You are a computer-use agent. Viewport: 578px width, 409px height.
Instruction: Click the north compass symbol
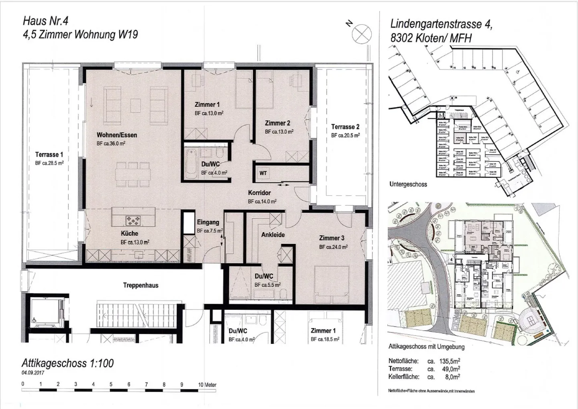tap(362, 33)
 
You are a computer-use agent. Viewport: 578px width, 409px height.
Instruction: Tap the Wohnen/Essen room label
tap(117, 135)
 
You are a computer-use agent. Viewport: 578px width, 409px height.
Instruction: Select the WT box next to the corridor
tap(263, 174)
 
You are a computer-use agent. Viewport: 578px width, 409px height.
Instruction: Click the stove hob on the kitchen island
tap(132, 220)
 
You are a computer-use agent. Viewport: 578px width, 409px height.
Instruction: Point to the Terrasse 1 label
tap(49, 155)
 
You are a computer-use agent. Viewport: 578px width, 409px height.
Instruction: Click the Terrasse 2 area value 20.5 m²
tap(345, 135)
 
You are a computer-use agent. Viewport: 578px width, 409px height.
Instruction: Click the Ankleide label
tap(273, 235)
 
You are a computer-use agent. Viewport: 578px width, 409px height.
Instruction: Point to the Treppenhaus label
tap(140, 286)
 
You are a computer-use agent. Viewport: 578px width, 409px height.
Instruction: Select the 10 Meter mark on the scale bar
tap(207, 384)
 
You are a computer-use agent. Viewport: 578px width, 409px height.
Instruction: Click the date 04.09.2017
tap(33, 373)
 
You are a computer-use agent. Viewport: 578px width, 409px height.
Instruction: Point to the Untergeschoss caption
tap(408, 184)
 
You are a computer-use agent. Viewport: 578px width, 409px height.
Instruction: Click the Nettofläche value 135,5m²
tap(450, 361)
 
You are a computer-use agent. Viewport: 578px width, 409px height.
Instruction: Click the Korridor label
tap(259, 193)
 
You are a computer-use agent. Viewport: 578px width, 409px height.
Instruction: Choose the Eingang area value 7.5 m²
tap(210, 231)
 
